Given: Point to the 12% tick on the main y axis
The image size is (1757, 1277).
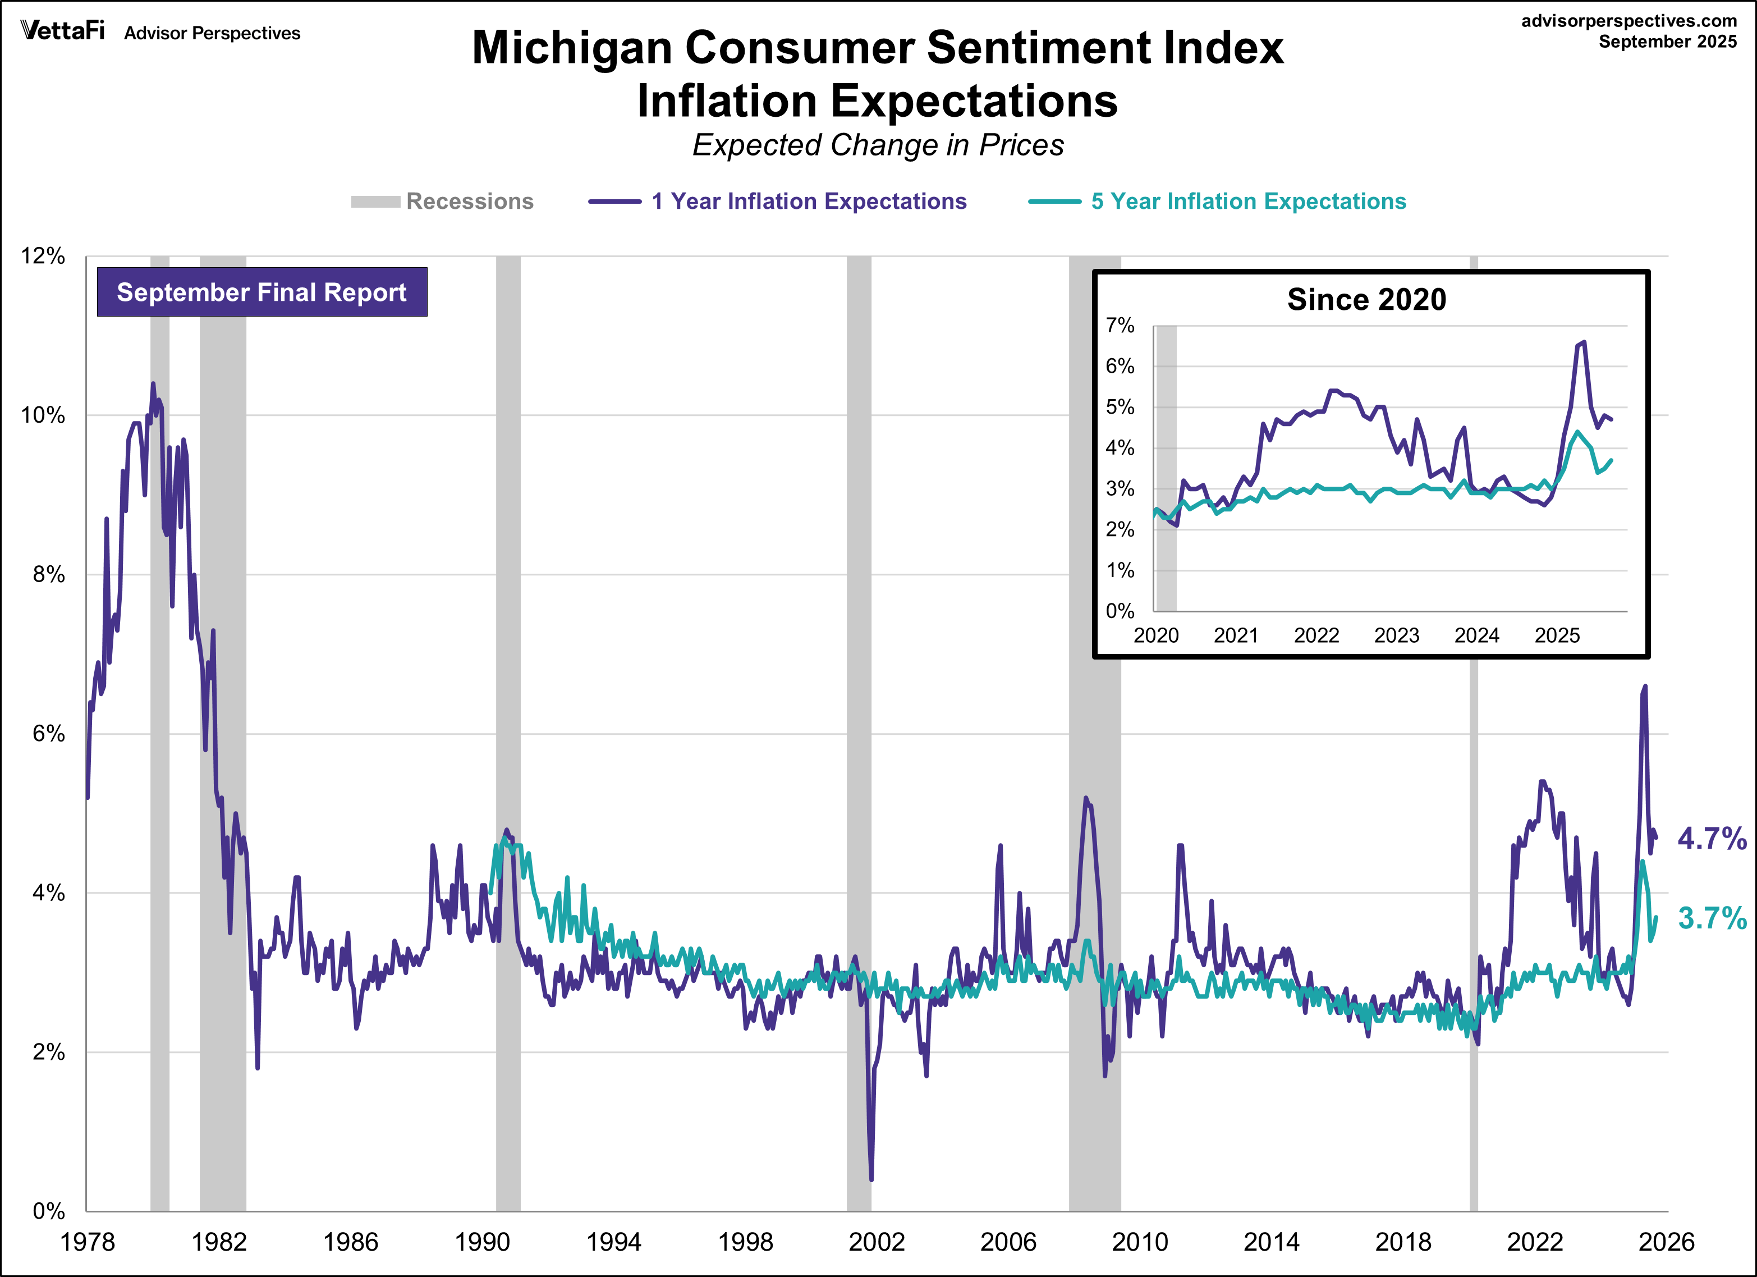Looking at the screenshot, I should point(43,256).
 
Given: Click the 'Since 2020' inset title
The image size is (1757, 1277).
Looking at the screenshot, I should point(1366,300).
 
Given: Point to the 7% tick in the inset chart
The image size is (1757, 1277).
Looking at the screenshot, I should point(1120,326).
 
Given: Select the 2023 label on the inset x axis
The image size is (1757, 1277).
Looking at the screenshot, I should point(1396,635).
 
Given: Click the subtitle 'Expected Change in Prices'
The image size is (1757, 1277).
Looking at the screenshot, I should point(878,145).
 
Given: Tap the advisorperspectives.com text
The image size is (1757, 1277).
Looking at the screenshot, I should point(1628,21).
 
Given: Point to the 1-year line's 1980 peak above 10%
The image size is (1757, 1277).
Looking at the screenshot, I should point(153,383).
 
